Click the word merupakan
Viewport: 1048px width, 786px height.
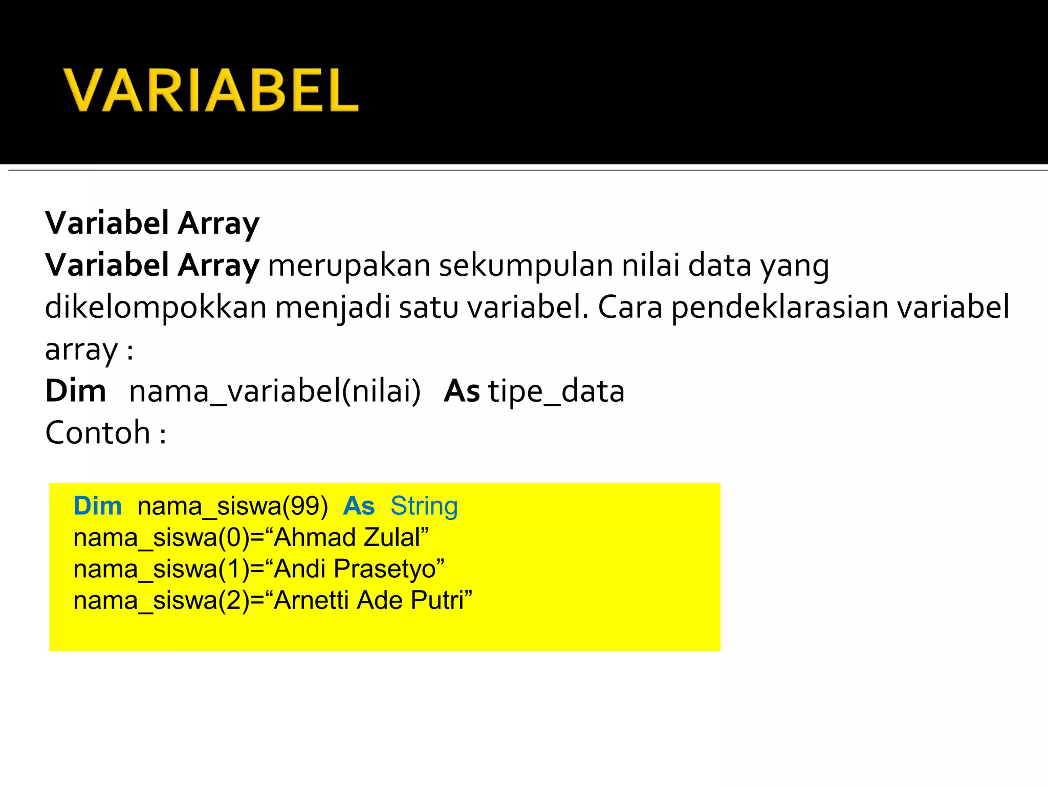349,266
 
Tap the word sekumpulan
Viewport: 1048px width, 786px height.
526,266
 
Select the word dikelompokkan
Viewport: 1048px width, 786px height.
156,308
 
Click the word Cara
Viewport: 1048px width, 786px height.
630,308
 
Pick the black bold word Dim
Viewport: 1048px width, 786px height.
76,391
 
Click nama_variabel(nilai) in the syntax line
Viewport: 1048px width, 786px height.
275,391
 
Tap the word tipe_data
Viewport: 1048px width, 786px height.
556,392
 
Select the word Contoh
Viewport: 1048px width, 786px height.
97,433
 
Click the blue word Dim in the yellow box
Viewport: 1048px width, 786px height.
97,506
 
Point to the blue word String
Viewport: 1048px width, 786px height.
424,507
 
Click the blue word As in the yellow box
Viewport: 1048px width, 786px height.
359,506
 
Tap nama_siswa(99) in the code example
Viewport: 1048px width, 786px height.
233,507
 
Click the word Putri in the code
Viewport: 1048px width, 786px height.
440,600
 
